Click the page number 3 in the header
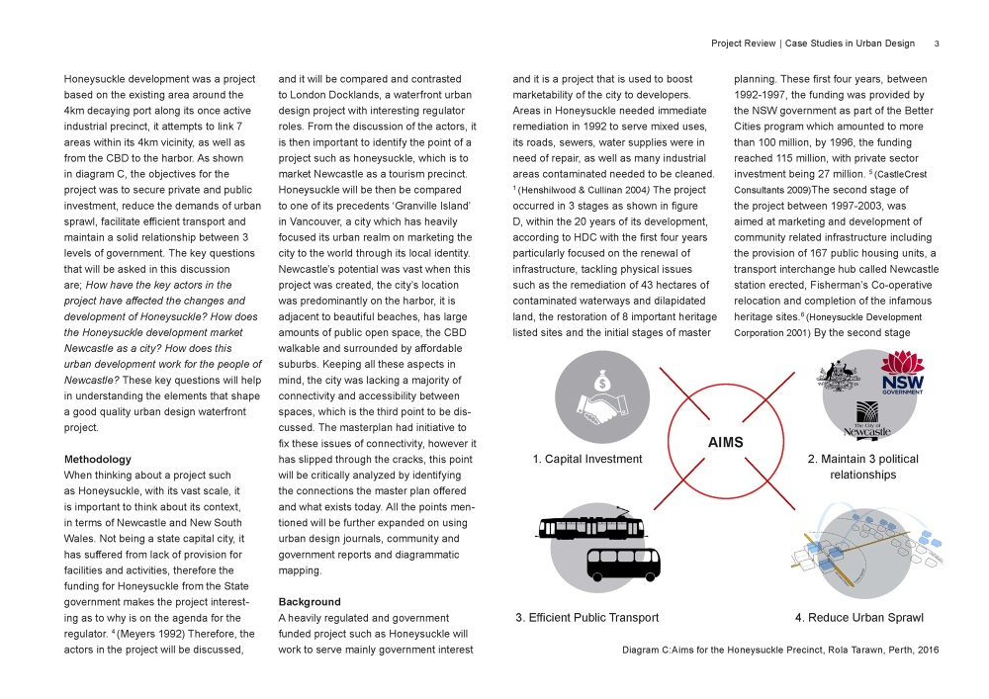pos(936,44)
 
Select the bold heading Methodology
pos(98,460)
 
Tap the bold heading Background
pos(310,601)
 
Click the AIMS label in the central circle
pos(725,443)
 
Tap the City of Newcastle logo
pos(867,421)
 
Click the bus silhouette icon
pos(623,563)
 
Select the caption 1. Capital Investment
pos(587,459)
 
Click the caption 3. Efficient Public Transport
pos(587,618)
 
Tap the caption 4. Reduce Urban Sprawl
pos(859,618)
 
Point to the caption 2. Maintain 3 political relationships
pos(862,467)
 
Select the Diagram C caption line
pos(780,650)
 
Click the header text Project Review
pos(743,44)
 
